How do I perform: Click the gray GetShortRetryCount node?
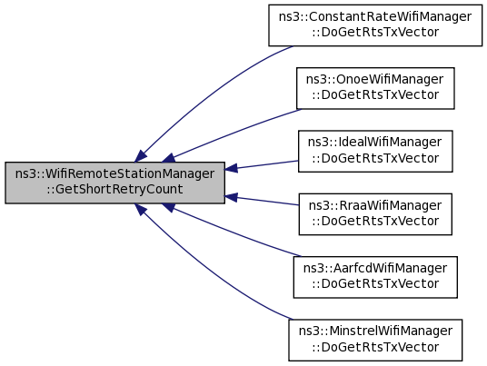tap(114, 183)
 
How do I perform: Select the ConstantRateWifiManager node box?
tap(375, 25)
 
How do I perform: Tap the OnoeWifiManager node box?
tap(375, 88)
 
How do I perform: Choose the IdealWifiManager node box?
tap(375, 151)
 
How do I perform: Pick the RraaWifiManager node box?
tap(375, 214)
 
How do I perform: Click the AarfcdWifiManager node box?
tap(375, 277)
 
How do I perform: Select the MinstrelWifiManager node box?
tap(375, 341)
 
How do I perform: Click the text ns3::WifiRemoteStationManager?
tap(114, 173)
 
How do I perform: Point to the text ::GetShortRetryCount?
tap(114, 190)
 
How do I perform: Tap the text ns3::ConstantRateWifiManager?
tap(375, 16)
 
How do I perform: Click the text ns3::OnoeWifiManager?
tap(375, 80)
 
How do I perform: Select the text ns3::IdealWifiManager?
tap(375, 143)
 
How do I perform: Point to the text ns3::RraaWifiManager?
tap(375, 205)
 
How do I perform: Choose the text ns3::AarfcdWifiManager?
tap(375, 269)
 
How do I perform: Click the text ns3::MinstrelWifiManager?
tap(375, 331)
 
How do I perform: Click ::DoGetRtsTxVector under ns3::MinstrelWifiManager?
tap(375, 347)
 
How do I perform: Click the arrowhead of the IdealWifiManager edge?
tap(231, 169)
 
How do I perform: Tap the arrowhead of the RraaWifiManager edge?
tap(231, 197)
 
